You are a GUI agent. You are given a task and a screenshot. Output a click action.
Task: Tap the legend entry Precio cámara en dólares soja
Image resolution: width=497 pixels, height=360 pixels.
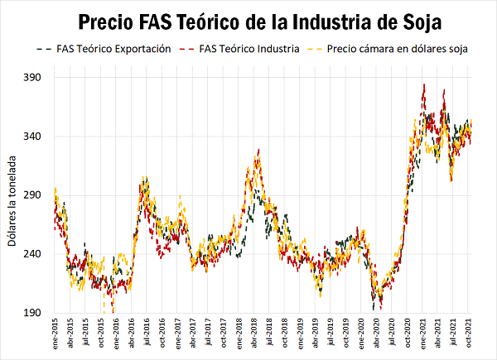(x=398, y=49)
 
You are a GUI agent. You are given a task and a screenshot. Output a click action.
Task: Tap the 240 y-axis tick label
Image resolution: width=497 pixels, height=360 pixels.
(x=36, y=254)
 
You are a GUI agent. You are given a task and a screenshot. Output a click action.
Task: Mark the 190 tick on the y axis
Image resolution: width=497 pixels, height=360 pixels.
(x=36, y=313)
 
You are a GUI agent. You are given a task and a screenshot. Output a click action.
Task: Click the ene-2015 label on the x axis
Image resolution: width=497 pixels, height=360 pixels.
(x=55, y=334)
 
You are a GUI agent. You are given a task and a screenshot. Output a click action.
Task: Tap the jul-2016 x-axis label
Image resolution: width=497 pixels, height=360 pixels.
(x=147, y=334)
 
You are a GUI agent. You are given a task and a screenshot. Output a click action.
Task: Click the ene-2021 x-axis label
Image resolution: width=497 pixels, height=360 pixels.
(x=421, y=334)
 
